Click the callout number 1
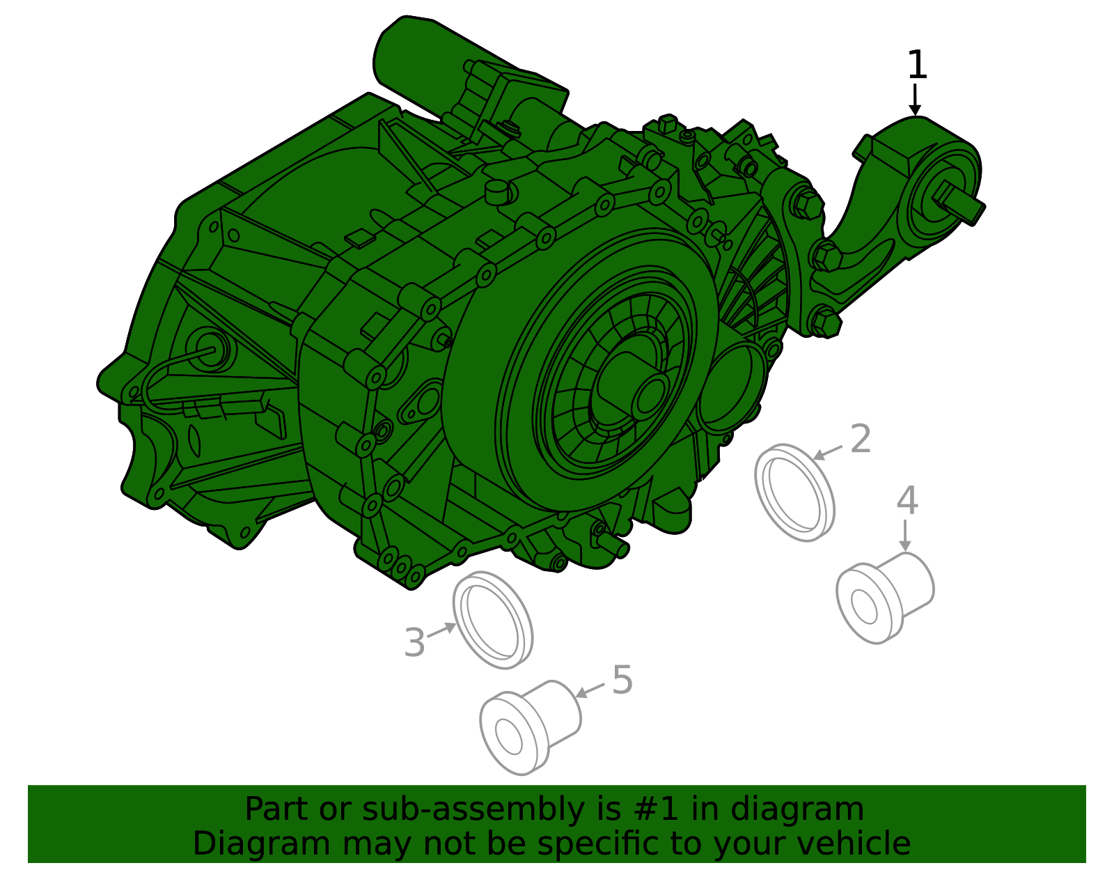tap(917, 65)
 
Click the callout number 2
tap(861, 440)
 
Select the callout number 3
tap(414, 643)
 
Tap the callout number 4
tap(907, 501)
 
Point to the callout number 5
tap(622, 680)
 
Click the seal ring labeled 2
tap(794, 492)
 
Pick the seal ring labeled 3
tap(493, 620)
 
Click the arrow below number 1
tap(915, 100)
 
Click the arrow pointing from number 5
tap(590, 690)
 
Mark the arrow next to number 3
tap(441, 630)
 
